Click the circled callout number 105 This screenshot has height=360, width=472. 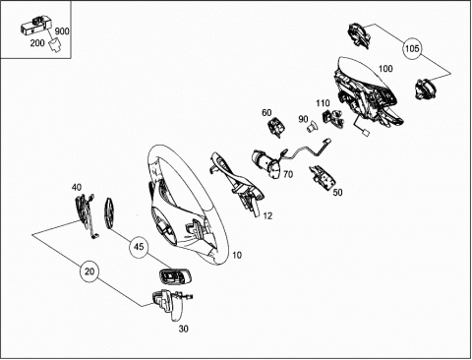pos(412,48)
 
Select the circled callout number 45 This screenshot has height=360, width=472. pos(139,247)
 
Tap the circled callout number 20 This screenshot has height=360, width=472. pos(89,271)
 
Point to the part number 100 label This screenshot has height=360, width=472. pos(385,69)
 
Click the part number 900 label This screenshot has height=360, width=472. pos(62,31)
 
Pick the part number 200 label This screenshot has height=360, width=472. pos(37,43)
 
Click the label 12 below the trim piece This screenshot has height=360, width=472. pos(267,215)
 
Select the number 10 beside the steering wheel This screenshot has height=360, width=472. pos(237,255)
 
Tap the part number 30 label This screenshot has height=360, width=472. pos(184,329)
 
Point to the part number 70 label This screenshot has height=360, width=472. pos(288,174)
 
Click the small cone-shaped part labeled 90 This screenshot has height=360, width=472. pos(312,126)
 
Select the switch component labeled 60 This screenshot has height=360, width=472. pos(276,127)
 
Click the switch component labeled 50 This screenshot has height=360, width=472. pos(323,177)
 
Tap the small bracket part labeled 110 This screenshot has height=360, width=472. pos(333,118)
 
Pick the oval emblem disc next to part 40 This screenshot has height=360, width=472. pos(109,212)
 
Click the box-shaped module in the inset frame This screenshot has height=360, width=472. pos(36,26)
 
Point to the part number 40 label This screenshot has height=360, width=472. pos(77,188)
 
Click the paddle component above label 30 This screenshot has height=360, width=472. pos(171,304)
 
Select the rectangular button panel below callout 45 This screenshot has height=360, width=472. pos(175,276)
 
